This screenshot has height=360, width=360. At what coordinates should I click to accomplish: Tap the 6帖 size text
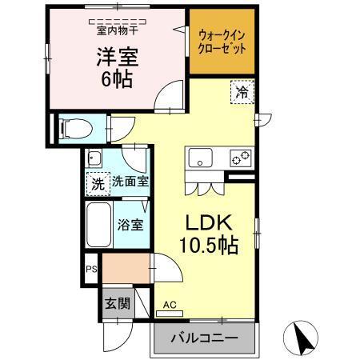click(117, 80)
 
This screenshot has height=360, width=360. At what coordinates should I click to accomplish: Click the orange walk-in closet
click(222, 42)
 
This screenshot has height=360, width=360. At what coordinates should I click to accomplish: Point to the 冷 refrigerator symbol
click(242, 93)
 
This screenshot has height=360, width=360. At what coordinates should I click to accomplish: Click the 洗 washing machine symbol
click(97, 182)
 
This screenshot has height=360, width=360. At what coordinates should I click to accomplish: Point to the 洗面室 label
click(130, 182)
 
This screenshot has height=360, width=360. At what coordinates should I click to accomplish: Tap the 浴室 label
click(131, 225)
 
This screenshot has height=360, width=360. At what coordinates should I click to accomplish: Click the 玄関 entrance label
click(117, 303)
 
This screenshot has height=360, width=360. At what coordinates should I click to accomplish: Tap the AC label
click(170, 305)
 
